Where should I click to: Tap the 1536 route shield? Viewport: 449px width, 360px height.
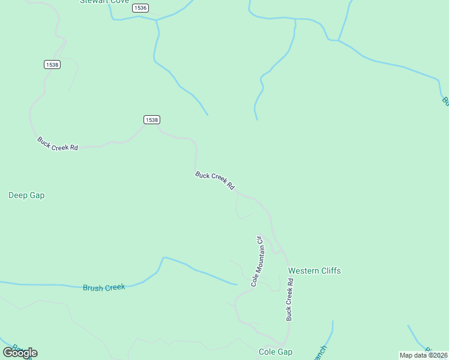point(140,8)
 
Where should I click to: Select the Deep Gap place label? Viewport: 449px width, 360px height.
point(26,195)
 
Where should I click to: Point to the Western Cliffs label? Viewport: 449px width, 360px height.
point(314,271)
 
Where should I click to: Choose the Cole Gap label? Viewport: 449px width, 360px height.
point(276,352)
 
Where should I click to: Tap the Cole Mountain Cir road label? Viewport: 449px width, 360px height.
point(258,261)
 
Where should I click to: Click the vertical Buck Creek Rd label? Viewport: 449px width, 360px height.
point(289,299)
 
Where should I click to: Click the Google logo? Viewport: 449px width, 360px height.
point(20,353)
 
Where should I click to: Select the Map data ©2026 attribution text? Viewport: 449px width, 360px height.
point(423,355)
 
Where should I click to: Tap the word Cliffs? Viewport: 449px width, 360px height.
point(330,271)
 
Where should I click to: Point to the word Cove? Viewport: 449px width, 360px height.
point(122,2)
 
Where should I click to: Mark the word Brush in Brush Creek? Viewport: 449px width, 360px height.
point(93,288)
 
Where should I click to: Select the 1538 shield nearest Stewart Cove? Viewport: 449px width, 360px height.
point(52,64)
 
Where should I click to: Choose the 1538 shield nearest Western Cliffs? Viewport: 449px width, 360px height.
point(152,120)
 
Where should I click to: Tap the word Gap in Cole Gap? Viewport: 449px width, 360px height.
point(285,352)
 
